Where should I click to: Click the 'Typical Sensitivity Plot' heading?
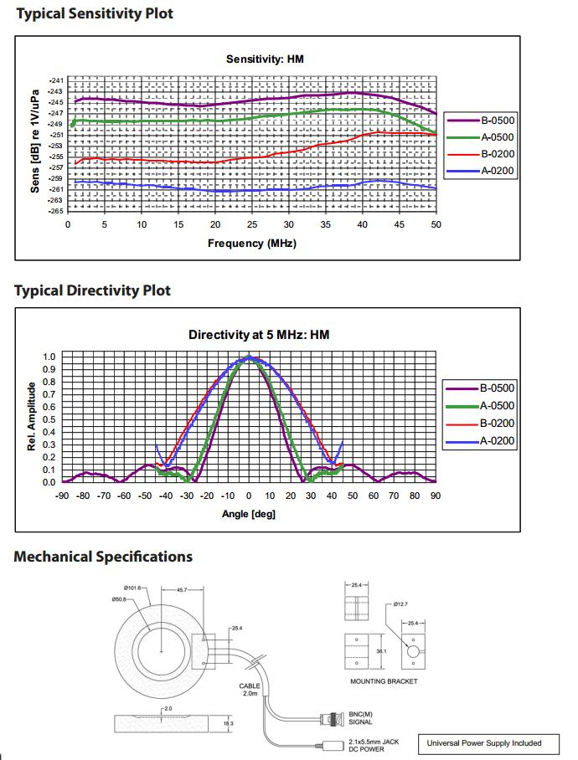[x=95, y=13]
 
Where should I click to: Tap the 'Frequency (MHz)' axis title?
[x=252, y=244]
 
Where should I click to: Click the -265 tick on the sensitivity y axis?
[x=54, y=211]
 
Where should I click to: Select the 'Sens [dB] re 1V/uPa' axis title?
[x=35, y=141]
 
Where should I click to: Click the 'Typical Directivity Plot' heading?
[x=92, y=290]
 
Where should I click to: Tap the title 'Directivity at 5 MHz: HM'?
[x=259, y=335]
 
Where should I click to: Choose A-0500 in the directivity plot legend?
[x=498, y=406]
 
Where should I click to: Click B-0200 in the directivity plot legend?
[x=498, y=424]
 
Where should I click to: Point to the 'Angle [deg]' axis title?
[x=249, y=513]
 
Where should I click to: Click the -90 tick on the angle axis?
[x=62, y=496]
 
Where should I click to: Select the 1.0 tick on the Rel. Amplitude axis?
[x=49, y=357]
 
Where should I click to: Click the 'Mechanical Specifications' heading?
[x=103, y=557]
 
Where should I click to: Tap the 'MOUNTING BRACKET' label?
[x=384, y=681]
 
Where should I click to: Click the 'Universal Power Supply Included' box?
[x=484, y=742]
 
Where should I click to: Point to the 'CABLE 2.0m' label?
[x=250, y=691]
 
